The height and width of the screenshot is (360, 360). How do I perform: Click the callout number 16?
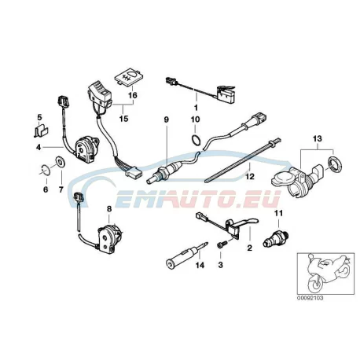point(133,95)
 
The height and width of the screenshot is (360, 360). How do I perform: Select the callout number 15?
point(123,119)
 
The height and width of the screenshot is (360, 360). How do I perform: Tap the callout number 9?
point(167,119)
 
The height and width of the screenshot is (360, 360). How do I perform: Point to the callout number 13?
point(318,138)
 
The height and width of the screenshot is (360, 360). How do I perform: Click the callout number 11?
point(278,213)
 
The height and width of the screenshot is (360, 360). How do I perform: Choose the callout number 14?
point(200,265)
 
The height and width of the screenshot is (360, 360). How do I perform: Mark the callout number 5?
point(39,116)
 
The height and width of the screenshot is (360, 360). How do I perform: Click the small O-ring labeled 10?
point(195,139)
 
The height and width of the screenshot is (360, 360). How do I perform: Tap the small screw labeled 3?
point(220,245)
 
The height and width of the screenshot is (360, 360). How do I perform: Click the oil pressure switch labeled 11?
point(276,239)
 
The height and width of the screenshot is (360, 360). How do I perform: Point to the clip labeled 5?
point(41,130)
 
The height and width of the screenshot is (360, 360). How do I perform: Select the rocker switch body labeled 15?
point(100,94)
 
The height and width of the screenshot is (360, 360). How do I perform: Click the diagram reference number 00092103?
point(310,298)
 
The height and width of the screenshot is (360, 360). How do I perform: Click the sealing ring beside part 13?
point(335,163)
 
